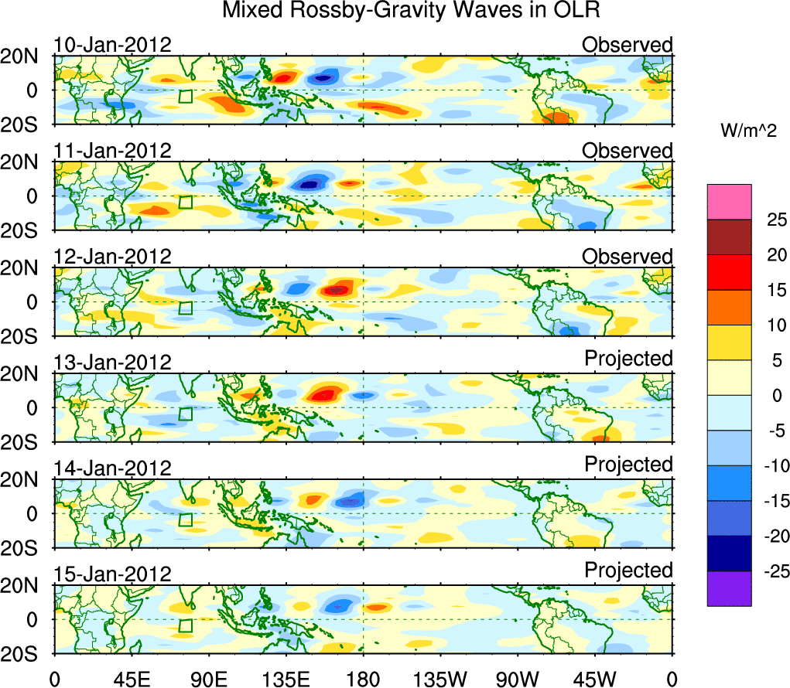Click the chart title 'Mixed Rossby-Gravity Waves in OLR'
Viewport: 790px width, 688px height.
(x=411, y=11)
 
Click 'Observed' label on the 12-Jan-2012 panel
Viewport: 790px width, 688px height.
(x=627, y=257)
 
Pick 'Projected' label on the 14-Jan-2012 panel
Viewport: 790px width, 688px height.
(x=628, y=465)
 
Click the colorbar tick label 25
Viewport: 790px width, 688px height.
(x=766, y=220)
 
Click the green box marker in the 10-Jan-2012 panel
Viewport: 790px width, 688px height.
(x=185, y=97)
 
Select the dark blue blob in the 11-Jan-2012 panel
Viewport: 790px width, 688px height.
(x=310, y=184)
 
